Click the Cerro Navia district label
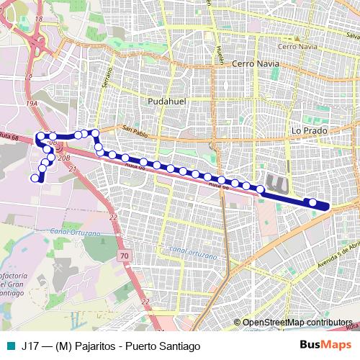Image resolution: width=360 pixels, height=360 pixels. click(x=255, y=64)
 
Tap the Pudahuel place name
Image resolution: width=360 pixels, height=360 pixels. click(x=166, y=102)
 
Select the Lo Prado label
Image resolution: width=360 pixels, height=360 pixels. click(x=309, y=131)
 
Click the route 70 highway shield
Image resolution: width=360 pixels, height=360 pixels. click(x=125, y=255)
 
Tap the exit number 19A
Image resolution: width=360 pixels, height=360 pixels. click(x=32, y=104)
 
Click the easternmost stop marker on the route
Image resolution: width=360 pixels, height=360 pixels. click(x=312, y=203)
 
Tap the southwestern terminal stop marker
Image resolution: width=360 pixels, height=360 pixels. click(x=35, y=178)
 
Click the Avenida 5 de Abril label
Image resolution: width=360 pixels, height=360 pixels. click(x=339, y=252)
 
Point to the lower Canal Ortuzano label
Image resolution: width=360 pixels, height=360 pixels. click(x=191, y=252)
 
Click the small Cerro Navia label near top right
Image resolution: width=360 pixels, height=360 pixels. click(x=297, y=46)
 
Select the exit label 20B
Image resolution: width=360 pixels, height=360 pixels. click(x=63, y=155)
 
